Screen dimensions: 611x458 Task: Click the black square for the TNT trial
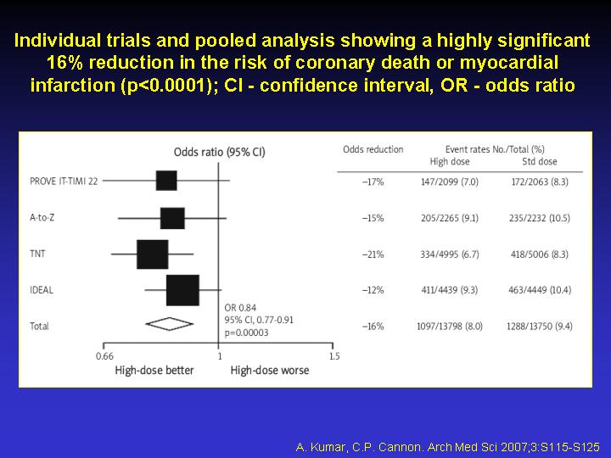[x=153, y=254]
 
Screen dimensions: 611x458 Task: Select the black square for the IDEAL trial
[x=182, y=290]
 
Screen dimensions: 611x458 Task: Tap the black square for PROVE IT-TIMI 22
[x=166, y=181]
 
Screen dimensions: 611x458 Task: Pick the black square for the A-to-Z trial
[x=172, y=218]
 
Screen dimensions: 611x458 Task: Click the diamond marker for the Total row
[x=169, y=324]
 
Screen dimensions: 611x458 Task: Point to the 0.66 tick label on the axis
[x=105, y=356]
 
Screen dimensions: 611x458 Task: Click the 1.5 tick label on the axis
[x=334, y=356]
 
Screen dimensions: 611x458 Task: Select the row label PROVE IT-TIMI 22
[x=64, y=182]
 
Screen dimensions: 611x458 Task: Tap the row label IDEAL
[x=42, y=290]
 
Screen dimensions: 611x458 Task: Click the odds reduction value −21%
[x=373, y=254]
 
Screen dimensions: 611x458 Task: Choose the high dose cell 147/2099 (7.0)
[x=450, y=182]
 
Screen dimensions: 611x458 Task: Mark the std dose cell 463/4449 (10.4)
[x=540, y=290]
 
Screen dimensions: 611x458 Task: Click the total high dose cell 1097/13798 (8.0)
[x=450, y=327]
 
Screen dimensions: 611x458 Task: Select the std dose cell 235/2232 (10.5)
[x=540, y=218]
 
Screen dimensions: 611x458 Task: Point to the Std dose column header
[x=540, y=162]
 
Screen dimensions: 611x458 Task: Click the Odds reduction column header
[x=373, y=149]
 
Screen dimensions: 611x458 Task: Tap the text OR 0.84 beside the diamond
[x=240, y=308]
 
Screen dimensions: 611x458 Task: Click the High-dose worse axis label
[x=270, y=371]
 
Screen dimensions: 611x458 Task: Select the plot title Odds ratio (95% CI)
[x=220, y=152]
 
